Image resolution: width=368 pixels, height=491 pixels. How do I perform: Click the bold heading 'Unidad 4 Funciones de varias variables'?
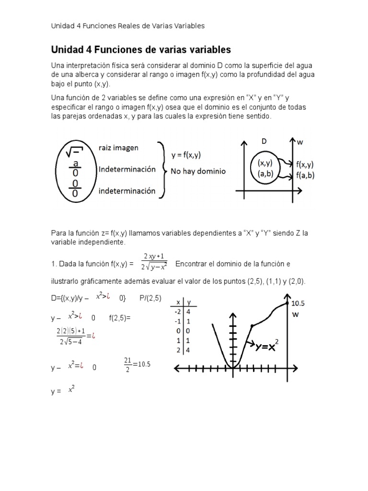(x=141, y=49)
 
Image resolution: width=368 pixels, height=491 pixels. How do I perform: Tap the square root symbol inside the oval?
(x=76, y=152)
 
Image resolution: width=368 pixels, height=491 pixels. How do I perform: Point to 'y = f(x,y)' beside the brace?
(x=192, y=155)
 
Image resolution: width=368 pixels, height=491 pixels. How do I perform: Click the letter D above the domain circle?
(x=264, y=141)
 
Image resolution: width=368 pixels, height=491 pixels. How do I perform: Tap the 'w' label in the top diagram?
(x=300, y=142)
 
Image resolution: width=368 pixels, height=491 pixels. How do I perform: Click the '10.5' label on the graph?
(x=298, y=303)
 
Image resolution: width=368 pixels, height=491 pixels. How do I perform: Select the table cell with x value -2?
(x=178, y=312)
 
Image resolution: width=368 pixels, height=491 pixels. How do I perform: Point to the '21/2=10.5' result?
(x=137, y=364)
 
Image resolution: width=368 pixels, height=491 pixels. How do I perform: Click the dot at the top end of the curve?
(x=287, y=303)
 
